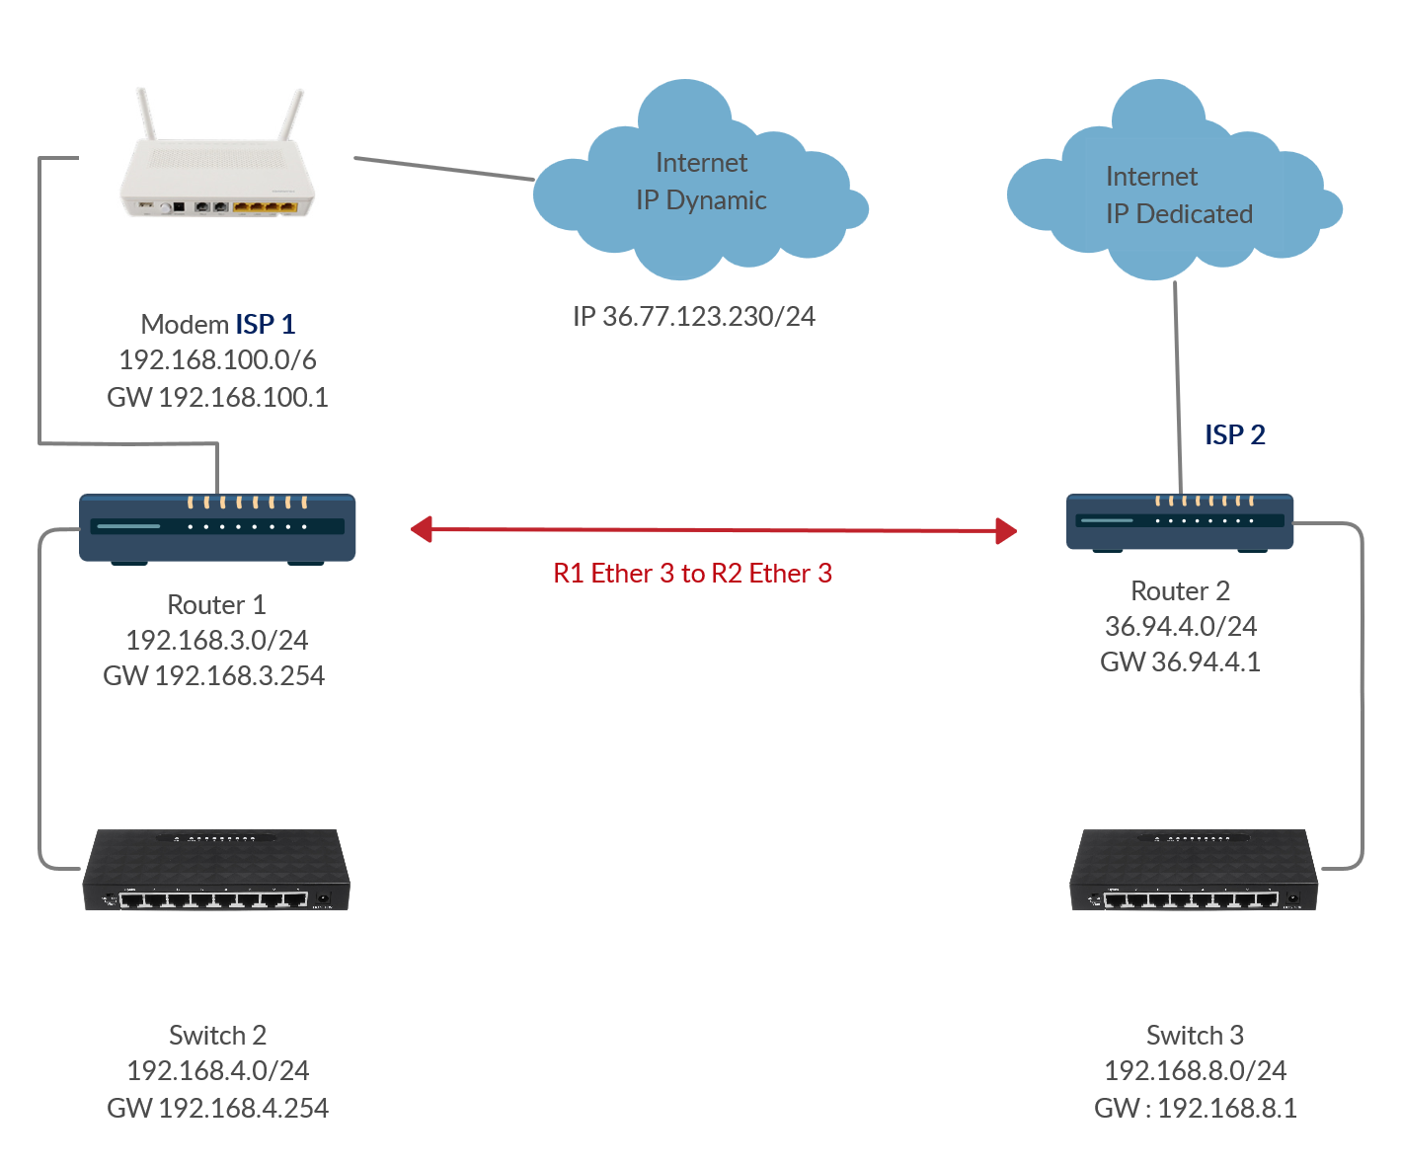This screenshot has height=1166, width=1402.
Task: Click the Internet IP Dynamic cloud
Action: click(701, 188)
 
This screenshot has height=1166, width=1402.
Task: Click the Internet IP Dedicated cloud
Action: click(1175, 197)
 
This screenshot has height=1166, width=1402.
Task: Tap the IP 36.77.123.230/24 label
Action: click(694, 316)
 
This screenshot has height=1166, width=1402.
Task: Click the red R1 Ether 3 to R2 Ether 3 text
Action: click(692, 574)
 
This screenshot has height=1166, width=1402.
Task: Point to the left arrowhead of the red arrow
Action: click(422, 530)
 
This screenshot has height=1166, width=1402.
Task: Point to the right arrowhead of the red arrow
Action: click(1006, 531)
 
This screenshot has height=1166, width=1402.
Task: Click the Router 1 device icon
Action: click(217, 528)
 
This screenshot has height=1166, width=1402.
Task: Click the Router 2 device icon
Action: click(1180, 522)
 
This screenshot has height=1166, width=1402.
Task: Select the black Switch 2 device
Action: click(216, 871)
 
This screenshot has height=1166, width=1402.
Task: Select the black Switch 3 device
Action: click(1194, 871)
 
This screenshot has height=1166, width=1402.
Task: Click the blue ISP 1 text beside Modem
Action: click(265, 324)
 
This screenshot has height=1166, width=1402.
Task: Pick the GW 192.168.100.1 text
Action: click(217, 397)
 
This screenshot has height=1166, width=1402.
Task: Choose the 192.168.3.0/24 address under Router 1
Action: click(217, 640)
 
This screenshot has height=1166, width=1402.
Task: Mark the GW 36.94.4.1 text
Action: click(1180, 661)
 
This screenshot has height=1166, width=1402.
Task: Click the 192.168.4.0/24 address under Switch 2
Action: click(217, 1070)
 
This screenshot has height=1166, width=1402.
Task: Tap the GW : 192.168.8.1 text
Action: click(1195, 1108)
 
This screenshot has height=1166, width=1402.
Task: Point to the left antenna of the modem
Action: click(146, 114)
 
